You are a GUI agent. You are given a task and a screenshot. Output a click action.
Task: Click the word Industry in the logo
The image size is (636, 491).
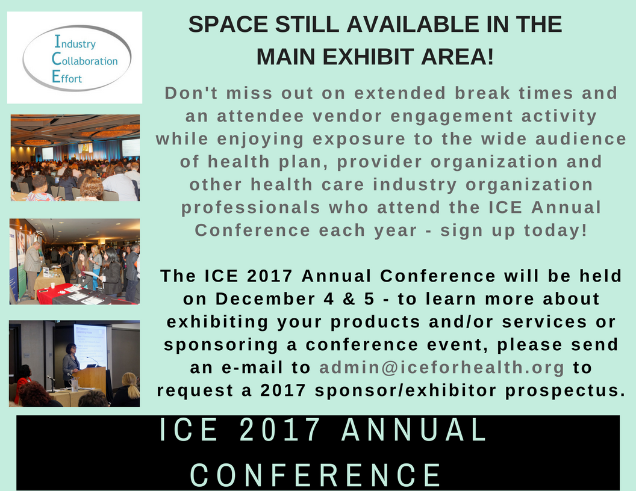coord(75,42)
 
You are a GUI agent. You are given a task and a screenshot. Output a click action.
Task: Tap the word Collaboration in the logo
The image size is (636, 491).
coord(84,60)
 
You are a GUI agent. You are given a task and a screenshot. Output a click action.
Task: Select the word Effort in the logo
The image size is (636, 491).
coord(67,77)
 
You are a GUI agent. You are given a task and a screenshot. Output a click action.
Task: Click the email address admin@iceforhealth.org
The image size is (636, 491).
coord(441,368)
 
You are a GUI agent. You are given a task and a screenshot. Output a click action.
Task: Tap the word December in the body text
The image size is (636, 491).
coord(265,299)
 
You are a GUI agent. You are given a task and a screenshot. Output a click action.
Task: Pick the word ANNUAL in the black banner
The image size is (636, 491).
coord(414,429)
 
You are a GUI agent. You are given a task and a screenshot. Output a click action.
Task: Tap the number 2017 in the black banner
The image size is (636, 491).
coord(280,429)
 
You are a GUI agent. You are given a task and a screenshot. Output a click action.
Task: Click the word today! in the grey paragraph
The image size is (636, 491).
coord(555,230)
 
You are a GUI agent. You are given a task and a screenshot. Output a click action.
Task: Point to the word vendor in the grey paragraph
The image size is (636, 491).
coord(347,116)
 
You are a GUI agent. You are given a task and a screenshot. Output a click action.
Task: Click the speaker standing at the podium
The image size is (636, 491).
coord(70,365)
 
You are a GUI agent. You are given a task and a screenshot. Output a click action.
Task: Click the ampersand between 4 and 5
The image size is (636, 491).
coord(349,299)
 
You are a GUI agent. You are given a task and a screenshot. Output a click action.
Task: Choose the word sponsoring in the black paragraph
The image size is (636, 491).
coord(220,345)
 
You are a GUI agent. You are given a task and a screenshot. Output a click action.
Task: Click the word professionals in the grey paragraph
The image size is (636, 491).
coord(251,208)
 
